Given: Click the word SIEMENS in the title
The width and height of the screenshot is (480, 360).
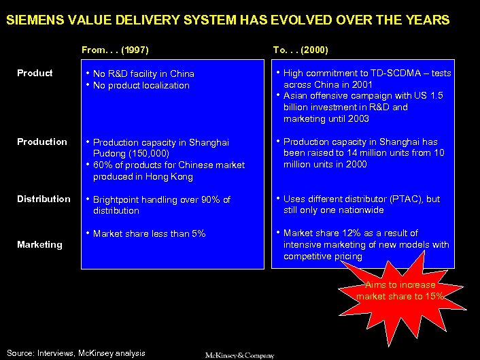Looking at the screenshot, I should click(32, 20).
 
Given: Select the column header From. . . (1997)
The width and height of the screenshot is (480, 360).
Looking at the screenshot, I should click(115, 50).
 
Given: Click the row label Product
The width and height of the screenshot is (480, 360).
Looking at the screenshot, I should click(35, 73).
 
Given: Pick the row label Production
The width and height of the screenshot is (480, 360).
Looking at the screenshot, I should click(42, 142).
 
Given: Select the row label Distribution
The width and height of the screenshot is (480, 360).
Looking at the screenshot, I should click(44, 199).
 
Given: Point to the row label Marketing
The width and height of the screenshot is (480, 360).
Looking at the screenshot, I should click(39, 244).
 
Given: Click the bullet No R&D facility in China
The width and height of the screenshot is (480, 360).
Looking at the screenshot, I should click(143, 73).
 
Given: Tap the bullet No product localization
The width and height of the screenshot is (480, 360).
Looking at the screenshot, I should click(141, 86).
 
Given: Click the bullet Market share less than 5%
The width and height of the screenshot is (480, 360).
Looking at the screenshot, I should click(149, 233).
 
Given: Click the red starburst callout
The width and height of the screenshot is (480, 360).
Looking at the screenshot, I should click(401, 293).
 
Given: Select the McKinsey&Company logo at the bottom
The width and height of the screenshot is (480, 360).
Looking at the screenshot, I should click(240, 355).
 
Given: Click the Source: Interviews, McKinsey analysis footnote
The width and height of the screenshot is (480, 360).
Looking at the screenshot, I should click(75, 353).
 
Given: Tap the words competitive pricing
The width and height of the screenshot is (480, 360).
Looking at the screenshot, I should click(323, 257).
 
